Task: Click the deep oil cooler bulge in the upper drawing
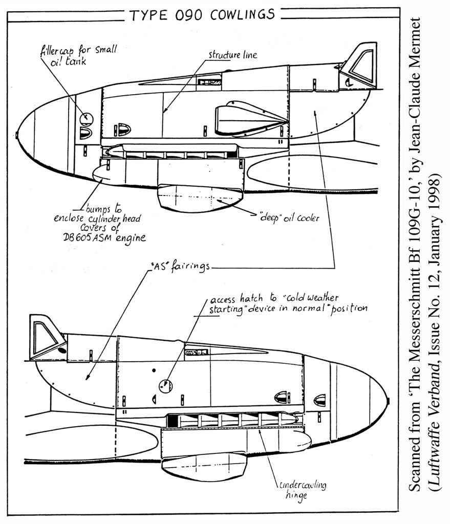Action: coord(200,199)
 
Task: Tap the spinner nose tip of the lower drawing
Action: coord(388,402)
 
